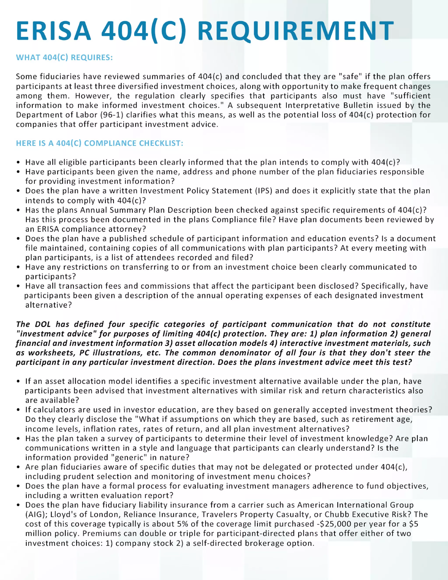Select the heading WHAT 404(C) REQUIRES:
[64, 57]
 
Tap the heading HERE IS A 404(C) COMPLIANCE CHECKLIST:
[100, 143]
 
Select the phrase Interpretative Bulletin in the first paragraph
[312, 105]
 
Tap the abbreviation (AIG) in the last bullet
[36, 514]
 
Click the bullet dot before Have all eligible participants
[18, 162]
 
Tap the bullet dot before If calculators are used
[18, 410]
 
